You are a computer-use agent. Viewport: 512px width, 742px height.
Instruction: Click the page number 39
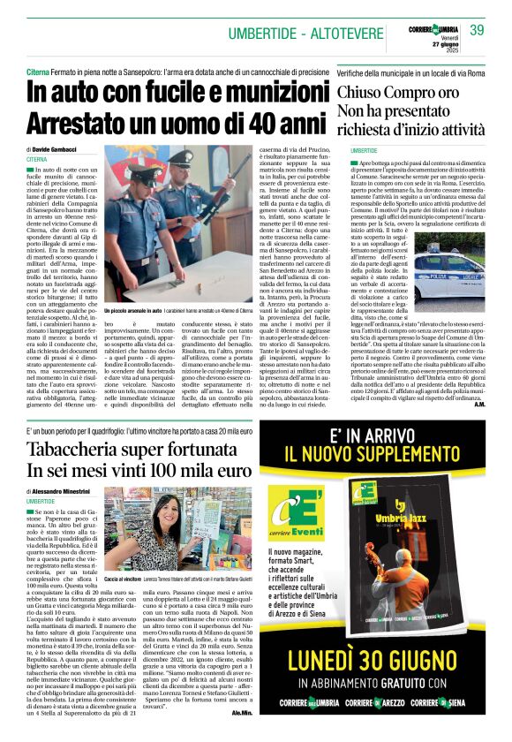click(477, 31)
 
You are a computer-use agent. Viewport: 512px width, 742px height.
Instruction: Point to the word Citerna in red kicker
click(41, 69)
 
